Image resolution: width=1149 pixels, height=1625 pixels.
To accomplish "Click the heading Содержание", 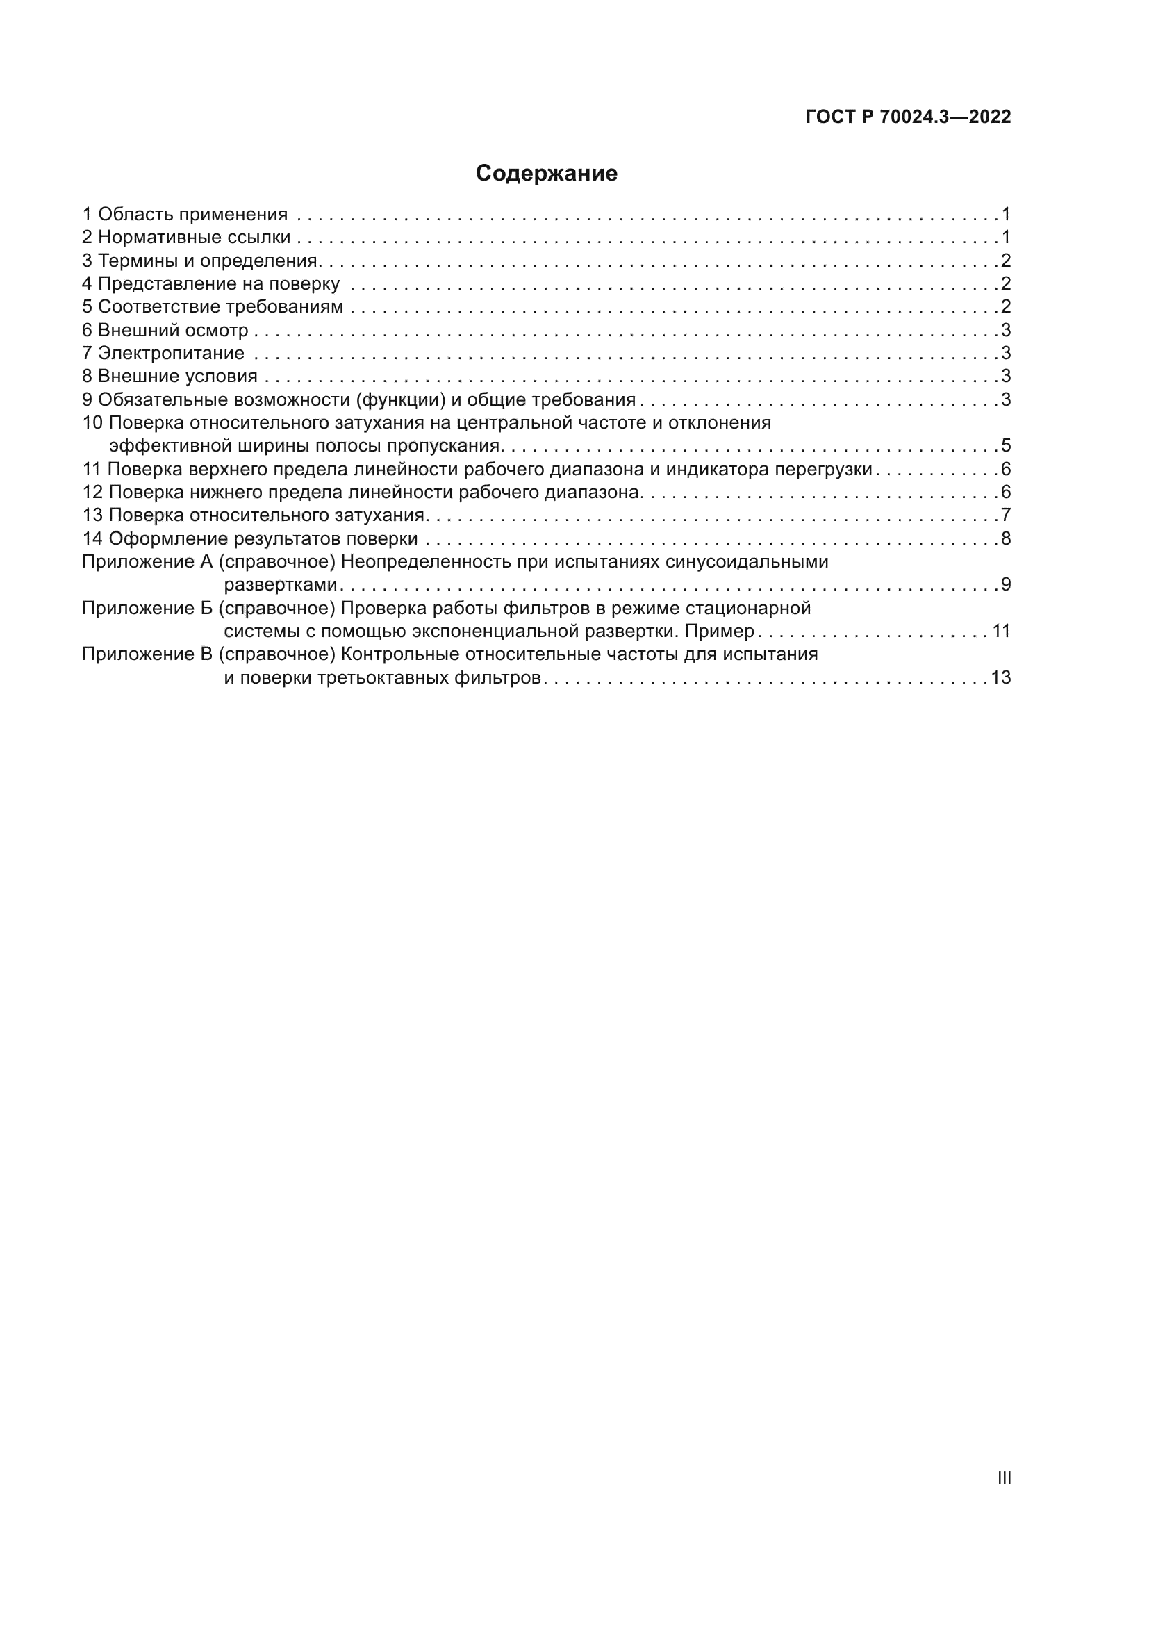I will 546,174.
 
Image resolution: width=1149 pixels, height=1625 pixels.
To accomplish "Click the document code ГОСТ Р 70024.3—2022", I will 908,117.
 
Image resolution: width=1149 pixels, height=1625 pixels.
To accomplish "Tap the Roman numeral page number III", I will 1004,1478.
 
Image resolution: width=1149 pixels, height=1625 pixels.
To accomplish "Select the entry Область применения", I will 192,215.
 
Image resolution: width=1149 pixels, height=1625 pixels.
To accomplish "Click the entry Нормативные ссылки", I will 194,237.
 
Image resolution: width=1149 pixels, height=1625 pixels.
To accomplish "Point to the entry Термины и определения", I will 207,261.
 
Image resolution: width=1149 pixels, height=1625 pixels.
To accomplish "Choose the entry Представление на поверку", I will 219,284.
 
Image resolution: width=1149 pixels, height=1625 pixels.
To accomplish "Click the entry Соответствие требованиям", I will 220,307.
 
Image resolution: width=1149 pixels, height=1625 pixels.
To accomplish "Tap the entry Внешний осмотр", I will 174,330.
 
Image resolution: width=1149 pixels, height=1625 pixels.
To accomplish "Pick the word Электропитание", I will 171,353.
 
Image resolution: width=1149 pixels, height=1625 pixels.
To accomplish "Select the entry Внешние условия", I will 178,377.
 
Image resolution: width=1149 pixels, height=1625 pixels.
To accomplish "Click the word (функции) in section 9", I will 400,400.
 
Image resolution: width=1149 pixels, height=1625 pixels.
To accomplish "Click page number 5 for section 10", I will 1005,446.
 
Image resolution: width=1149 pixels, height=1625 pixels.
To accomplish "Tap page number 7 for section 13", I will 1005,515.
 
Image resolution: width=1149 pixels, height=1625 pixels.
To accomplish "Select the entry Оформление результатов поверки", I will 263,538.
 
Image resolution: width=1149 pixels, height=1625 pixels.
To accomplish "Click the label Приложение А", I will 147,562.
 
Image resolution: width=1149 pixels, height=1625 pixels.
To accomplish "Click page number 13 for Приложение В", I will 1001,678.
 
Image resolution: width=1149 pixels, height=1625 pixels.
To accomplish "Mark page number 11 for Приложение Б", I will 1001,631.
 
